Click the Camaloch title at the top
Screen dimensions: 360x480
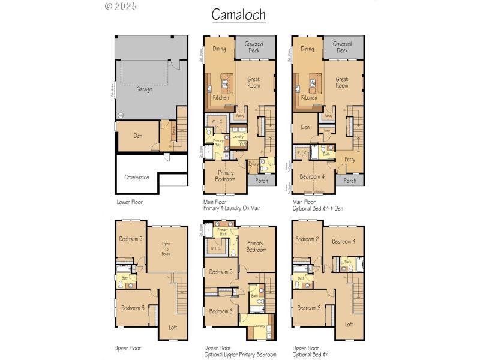tap(239, 14)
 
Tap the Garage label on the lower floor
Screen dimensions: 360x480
tap(143, 89)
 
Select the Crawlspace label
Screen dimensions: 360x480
tap(137, 178)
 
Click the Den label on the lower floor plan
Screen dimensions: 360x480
tap(137, 135)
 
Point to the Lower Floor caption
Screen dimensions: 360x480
tap(130, 202)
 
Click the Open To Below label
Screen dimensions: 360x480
tap(166, 249)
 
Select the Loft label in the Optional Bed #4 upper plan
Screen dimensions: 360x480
tap(349, 324)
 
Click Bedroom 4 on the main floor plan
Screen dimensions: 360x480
tap(312, 176)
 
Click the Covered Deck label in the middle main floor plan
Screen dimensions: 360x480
tap(254, 47)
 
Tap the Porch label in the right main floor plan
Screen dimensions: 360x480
tap(349, 181)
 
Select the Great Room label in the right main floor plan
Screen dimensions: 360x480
tap(342, 82)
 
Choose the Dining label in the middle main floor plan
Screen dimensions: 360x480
tap(219, 49)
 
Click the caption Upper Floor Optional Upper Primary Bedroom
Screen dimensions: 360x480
tap(239, 351)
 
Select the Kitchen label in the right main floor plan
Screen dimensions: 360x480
tap(309, 97)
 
